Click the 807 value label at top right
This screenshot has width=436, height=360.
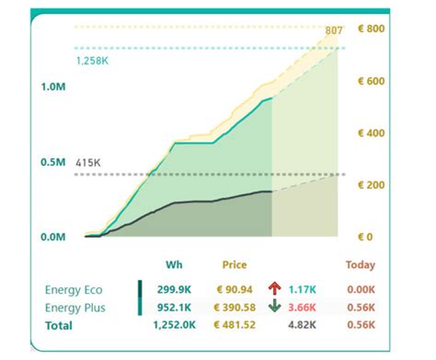(334, 31)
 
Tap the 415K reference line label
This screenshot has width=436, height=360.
(88, 162)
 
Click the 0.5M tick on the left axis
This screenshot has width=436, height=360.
(53, 162)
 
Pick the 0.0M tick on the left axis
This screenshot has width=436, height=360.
(53, 238)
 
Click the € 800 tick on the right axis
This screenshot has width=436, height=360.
(371, 29)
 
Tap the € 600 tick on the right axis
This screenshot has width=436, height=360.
(371, 81)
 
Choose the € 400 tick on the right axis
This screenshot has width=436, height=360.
(371, 134)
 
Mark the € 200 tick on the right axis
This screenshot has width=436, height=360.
(371, 185)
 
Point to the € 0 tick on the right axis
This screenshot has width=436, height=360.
(366, 238)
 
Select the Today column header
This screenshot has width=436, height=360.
(361, 265)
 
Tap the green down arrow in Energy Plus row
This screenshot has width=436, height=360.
(275, 307)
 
